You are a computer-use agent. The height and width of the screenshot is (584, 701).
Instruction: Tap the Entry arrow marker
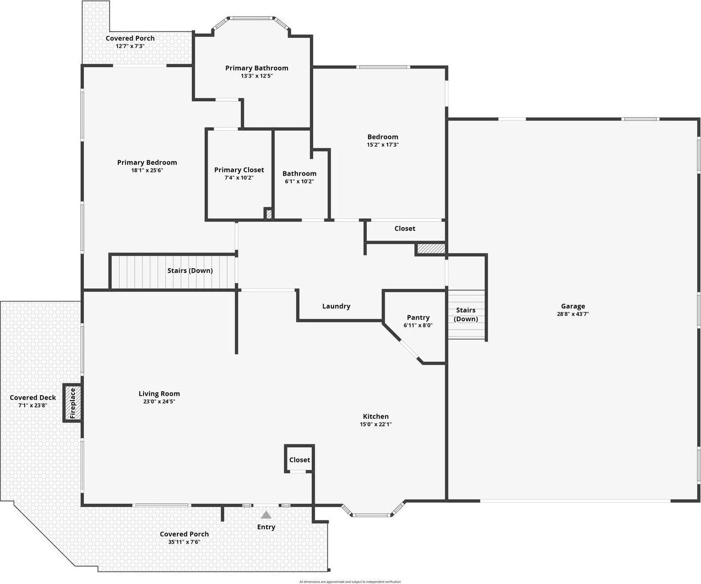pyautogui.click(x=266, y=515)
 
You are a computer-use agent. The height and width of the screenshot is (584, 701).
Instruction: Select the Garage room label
pyautogui.click(x=573, y=307)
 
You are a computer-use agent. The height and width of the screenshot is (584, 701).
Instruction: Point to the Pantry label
pyautogui.click(x=418, y=317)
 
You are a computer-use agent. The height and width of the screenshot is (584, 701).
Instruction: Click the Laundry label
pyautogui.click(x=336, y=307)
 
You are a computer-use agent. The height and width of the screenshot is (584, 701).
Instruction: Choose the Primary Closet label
pyautogui.click(x=239, y=170)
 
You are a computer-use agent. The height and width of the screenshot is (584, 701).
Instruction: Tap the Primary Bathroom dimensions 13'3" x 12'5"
pyautogui.click(x=256, y=76)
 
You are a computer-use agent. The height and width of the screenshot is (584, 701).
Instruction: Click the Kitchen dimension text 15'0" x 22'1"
pyautogui.click(x=376, y=424)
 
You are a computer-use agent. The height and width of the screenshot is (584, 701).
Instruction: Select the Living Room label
pyautogui.click(x=159, y=394)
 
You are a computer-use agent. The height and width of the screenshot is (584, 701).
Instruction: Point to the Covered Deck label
pyautogui.click(x=33, y=398)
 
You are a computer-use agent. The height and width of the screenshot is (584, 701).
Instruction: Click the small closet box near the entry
pyautogui.click(x=300, y=460)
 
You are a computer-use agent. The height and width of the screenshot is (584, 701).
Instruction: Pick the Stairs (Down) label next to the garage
pyautogui.click(x=466, y=315)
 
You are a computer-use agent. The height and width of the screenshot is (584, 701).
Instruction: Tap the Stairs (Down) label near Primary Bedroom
pyautogui.click(x=190, y=270)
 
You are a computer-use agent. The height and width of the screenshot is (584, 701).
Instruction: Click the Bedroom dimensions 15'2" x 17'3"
pyautogui.click(x=383, y=145)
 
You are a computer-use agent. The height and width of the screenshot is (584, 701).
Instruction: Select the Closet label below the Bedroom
pyautogui.click(x=405, y=229)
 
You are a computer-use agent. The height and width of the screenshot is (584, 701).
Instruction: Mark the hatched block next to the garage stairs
pyautogui.click(x=430, y=249)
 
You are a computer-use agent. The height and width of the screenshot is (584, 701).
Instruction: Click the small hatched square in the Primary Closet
pyautogui.click(x=269, y=214)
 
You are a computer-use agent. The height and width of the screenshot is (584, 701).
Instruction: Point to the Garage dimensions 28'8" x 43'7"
pyautogui.click(x=573, y=314)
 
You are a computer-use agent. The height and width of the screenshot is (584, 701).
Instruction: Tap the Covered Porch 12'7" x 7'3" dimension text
pyautogui.click(x=130, y=47)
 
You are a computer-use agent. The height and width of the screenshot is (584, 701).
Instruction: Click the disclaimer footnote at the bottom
pyautogui.click(x=350, y=582)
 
